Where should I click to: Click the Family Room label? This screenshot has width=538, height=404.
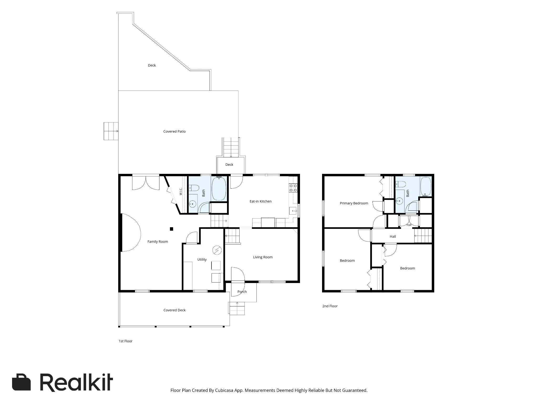click(158, 242)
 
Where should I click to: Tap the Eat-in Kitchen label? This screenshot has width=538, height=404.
click(261, 201)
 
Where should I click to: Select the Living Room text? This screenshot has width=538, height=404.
click(263, 257)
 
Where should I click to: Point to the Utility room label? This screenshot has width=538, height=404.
click(202, 260)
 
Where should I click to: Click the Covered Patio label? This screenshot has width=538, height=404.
click(174, 132)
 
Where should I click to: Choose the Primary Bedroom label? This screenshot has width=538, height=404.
click(354, 203)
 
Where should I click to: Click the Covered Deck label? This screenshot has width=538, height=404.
click(174, 310)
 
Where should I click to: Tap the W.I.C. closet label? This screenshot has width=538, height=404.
click(181, 191)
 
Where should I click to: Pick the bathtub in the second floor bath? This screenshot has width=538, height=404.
click(426, 186)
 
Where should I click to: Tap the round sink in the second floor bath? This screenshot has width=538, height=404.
click(399, 201)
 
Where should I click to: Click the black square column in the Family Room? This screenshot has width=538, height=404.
click(172, 229)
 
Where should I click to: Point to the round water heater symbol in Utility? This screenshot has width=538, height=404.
click(217, 250)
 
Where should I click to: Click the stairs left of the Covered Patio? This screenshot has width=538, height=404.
click(111, 131)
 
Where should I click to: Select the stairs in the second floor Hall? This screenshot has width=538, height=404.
click(423, 236)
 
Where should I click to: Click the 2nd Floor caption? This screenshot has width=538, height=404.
click(330, 306)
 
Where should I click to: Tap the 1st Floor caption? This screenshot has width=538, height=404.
click(126, 341)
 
